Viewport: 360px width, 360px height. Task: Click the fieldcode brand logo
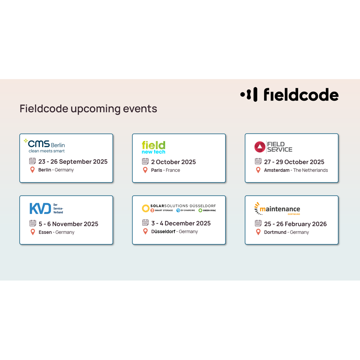click(x=289, y=95)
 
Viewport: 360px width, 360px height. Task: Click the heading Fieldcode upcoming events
click(x=88, y=109)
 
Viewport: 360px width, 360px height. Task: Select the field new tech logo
click(x=153, y=147)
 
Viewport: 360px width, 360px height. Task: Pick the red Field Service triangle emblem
click(x=260, y=147)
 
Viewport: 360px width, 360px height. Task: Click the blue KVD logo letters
click(x=40, y=208)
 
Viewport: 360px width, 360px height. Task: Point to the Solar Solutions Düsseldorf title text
click(x=183, y=206)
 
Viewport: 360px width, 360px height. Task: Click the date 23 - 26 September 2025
click(x=73, y=162)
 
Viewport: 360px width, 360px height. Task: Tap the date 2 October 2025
click(x=173, y=162)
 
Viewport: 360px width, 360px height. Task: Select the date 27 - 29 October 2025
click(x=294, y=162)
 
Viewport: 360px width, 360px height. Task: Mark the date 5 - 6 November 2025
click(x=68, y=224)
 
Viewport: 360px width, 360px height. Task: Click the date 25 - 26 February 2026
click(x=295, y=224)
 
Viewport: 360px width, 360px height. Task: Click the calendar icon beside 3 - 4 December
click(x=145, y=223)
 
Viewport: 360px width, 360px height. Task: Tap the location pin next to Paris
click(x=145, y=170)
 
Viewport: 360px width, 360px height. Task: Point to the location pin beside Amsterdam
click(x=258, y=170)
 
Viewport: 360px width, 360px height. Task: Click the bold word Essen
click(x=45, y=232)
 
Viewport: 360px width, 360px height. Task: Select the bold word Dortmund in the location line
click(x=275, y=232)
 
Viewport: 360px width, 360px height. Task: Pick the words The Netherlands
click(x=310, y=170)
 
